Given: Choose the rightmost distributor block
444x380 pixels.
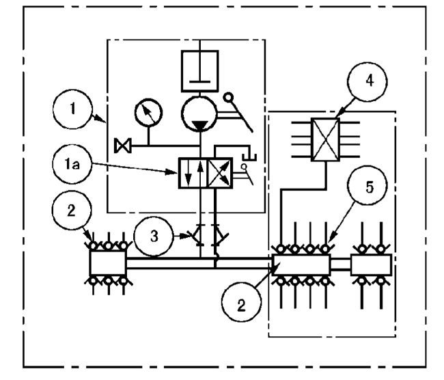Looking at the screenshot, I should (x=371, y=264).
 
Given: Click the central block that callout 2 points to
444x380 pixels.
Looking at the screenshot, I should (x=301, y=264).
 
